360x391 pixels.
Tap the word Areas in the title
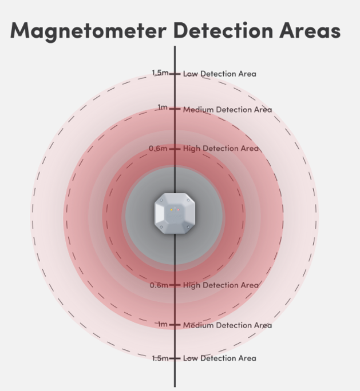pyautogui.click(x=310, y=30)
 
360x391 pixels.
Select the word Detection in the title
pyautogui.click(x=223, y=30)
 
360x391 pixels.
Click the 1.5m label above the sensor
pyautogui.click(x=160, y=73)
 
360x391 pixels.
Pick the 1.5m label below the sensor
pyautogui.click(x=160, y=358)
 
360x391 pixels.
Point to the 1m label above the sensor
pyautogui.click(x=163, y=107)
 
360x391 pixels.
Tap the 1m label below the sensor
pyautogui.click(x=163, y=324)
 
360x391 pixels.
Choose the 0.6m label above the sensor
pyautogui.click(x=158, y=149)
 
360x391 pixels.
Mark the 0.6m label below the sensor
pyautogui.click(x=159, y=285)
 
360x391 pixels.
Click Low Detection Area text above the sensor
pyautogui.click(x=220, y=74)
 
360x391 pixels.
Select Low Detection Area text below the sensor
pyautogui.click(x=220, y=358)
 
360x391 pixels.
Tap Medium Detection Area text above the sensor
pyautogui.click(x=227, y=110)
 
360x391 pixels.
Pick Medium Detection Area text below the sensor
pyautogui.click(x=227, y=325)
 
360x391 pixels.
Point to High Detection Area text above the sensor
pyautogui.click(x=221, y=149)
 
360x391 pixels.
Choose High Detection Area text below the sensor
pyautogui.click(x=221, y=285)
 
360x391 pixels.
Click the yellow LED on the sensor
pyautogui.click(x=171, y=210)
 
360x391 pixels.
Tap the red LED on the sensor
pyautogui.click(x=178, y=210)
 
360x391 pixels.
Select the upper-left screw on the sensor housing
pyautogui.click(x=161, y=200)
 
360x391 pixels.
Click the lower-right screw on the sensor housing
pyautogui.click(x=188, y=227)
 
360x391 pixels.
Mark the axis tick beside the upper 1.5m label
pyautogui.click(x=175, y=74)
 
